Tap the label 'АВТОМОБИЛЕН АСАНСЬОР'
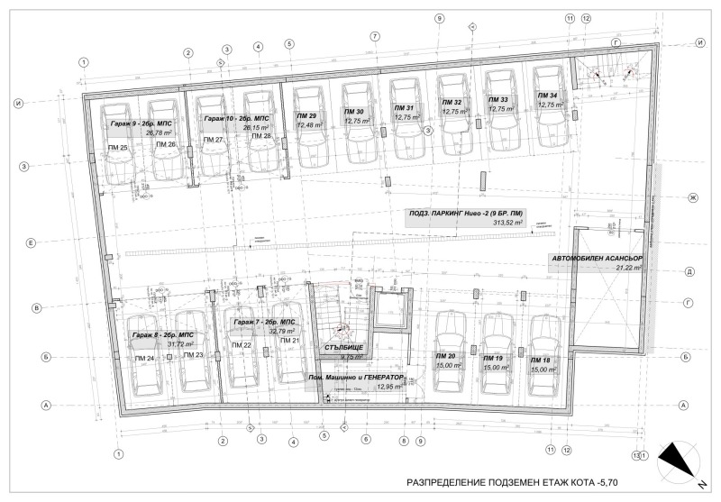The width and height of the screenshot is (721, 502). (596, 258)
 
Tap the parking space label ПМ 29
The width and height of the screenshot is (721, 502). (306, 116)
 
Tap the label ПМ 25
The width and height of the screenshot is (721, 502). (117, 146)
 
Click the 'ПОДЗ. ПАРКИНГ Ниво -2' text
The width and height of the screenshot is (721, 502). (448, 212)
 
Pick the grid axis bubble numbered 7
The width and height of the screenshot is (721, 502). (373, 36)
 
